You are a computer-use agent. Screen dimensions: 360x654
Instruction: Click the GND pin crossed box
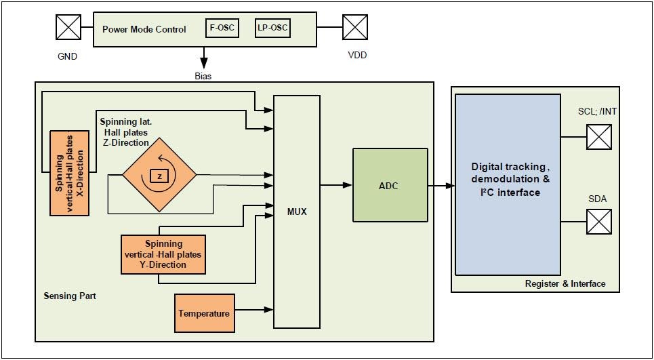click(x=68, y=28)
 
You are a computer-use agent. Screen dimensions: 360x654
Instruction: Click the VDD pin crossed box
click(x=354, y=28)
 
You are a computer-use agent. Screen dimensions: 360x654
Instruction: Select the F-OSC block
click(x=222, y=28)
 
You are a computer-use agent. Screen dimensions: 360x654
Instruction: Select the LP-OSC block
click(x=272, y=28)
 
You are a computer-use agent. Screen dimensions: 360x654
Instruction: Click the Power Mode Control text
click(x=144, y=29)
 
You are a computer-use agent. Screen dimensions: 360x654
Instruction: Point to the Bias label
click(x=203, y=76)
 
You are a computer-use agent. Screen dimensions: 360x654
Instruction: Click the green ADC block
click(x=390, y=185)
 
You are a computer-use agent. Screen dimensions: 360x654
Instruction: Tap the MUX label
click(x=296, y=212)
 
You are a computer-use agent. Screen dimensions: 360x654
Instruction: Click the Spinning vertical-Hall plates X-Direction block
click(x=70, y=173)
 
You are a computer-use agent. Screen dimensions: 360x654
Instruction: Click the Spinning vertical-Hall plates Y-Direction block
click(x=163, y=254)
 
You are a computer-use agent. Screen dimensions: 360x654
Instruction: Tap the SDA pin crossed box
click(x=598, y=222)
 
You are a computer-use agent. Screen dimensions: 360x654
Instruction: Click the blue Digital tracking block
click(x=508, y=184)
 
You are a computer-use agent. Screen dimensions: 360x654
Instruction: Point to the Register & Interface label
click(x=565, y=283)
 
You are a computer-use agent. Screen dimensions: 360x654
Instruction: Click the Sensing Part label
click(x=70, y=296)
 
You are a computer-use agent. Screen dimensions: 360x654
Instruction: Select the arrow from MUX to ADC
click(x=336, y=184)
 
